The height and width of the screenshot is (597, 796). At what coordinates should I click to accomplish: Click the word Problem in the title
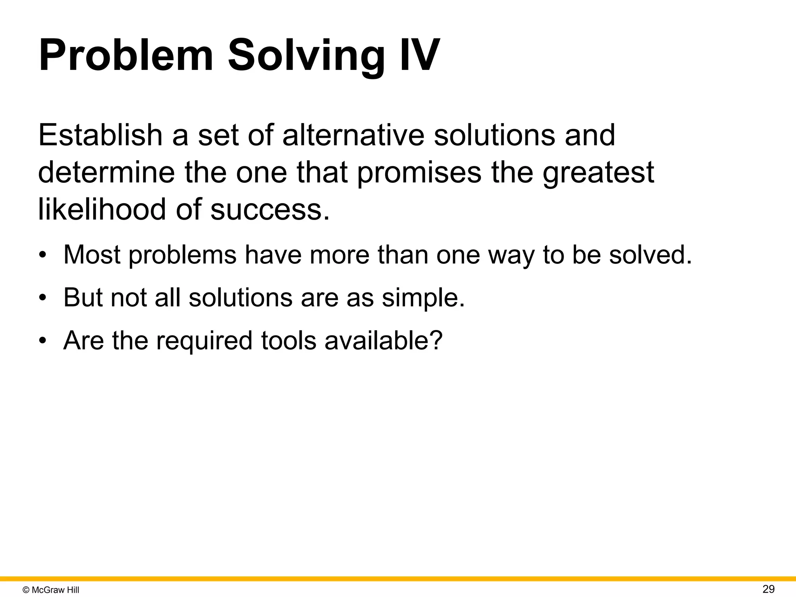126,55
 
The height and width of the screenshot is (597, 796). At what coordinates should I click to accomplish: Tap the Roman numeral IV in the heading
419,55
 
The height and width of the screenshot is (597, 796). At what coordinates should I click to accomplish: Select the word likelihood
102,209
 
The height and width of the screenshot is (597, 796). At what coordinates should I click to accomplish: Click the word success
270,209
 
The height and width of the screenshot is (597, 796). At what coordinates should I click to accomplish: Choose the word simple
423,298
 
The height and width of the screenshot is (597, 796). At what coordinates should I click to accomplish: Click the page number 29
768,589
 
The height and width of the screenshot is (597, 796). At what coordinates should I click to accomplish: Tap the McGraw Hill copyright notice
51,590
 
